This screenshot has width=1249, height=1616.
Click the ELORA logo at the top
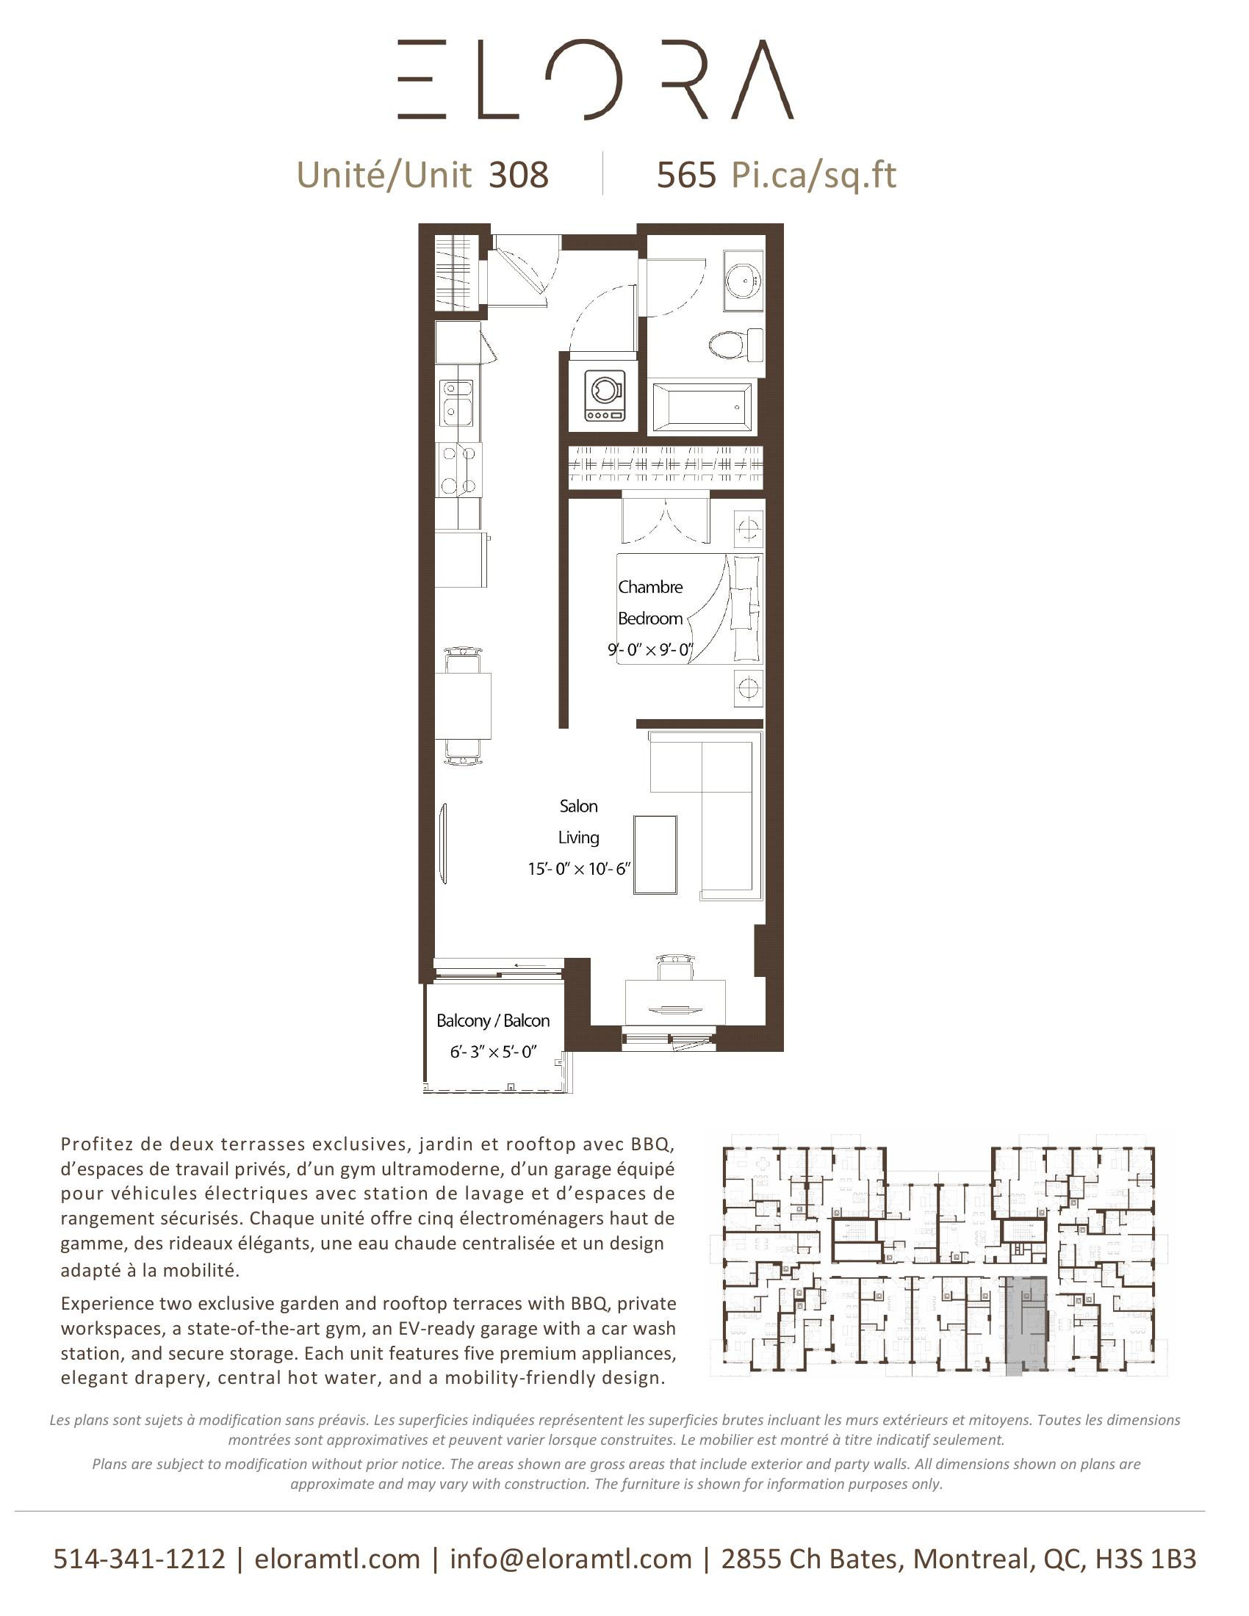tap(596, 80)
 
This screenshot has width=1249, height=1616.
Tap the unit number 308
tap(519, 176)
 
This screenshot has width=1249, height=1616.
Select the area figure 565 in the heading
tap(687, 176)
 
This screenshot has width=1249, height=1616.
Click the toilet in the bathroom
tap(732, 345)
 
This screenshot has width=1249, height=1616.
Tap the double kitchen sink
tap(456, 402)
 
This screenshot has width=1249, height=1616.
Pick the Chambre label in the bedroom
tap(649, 588)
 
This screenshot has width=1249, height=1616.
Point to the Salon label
tap(578, 806)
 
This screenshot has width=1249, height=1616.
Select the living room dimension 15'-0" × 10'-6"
tap(578, 869)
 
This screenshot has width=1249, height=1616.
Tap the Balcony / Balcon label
tap(493, 1021)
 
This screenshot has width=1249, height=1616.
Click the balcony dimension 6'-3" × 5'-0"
tap(493, 1051)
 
